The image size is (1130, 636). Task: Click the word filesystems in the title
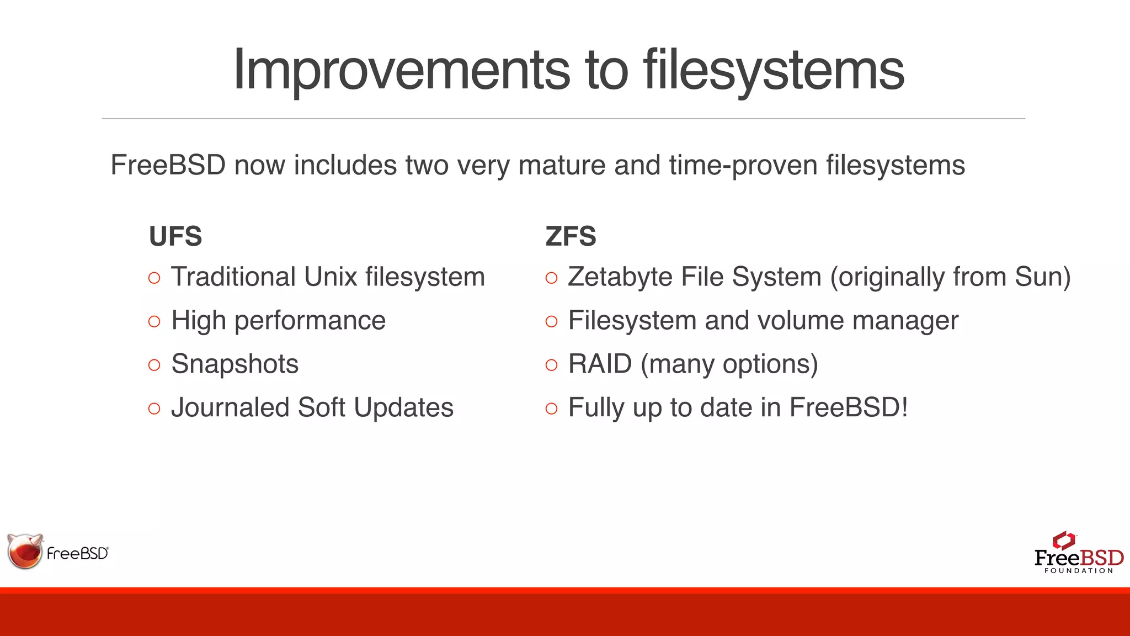pos(774,70)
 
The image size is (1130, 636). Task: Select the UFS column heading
pos(175,236)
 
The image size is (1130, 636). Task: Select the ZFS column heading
pos(571,236)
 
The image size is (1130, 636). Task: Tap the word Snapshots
pos(234,364)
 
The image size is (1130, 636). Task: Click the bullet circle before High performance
pos(154,321)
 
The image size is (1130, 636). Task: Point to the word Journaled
pos(230,408)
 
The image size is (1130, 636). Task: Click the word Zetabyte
pos(620,277)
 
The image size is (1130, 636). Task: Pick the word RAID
pos(600,364)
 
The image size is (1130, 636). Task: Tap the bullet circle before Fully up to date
pos(551,409)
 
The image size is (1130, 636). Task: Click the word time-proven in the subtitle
pos(743,166)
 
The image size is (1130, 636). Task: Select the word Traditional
pos(233,277)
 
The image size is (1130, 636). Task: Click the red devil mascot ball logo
pos(25,552)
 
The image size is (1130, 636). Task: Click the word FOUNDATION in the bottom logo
pos(1078,571)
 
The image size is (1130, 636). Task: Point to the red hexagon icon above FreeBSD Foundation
pos(1063,539)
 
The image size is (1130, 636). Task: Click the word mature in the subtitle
pos(562,166)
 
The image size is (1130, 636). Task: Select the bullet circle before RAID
pos(551,365)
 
